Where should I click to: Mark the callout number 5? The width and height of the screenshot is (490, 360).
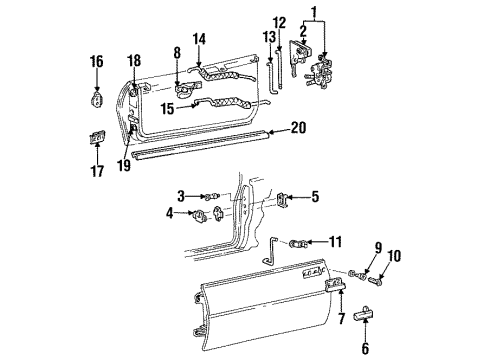[314, 198]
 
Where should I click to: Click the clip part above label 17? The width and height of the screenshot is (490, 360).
[97, 136]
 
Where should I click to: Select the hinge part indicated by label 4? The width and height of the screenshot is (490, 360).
[212, 213]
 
